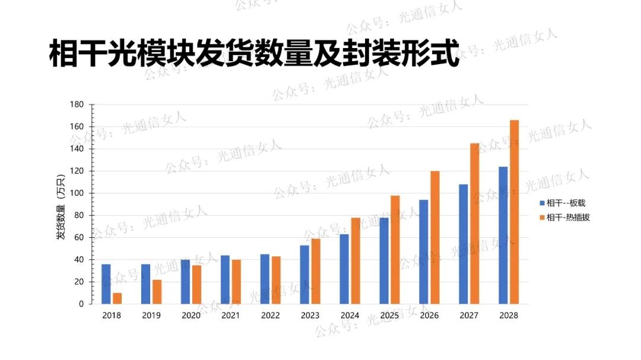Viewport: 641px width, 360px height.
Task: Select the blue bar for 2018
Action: (x=106, y=284)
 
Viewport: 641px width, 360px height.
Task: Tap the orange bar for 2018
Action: (x=118, y=298)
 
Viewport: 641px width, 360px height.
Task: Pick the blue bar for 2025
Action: (x=384, y=261)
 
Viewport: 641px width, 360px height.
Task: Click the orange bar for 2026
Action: (x=435, y=237)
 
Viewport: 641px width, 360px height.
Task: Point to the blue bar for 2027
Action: (x=464, y=244)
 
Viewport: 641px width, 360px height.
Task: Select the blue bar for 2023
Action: (x=304, y=275)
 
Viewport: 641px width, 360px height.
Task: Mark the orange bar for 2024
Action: (x=356, y=261)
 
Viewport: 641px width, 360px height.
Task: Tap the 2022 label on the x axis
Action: (x=270, y=316)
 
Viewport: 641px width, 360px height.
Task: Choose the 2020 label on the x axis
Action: (x=191, y=316)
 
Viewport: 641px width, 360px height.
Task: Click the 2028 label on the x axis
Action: (x=509, y=316)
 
